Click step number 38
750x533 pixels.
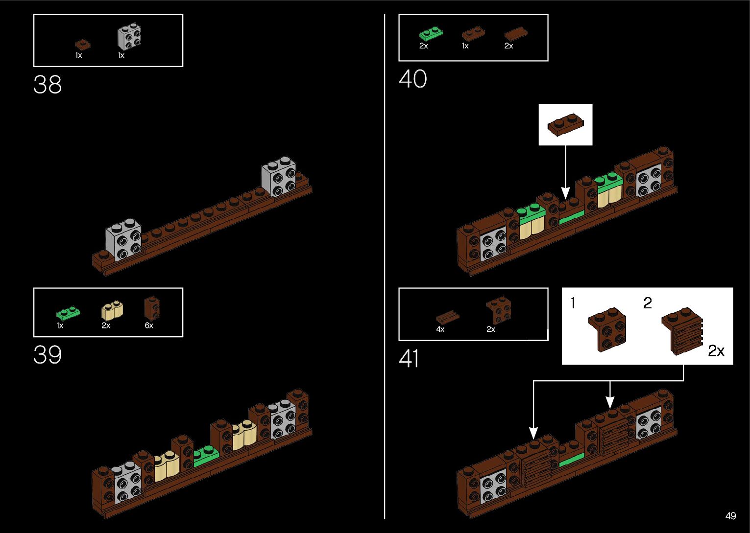coord(48,85)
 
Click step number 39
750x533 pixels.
coord(48,355)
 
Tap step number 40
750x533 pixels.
coord(412,79)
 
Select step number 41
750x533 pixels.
coord(409,359)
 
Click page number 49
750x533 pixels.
coord(730,516)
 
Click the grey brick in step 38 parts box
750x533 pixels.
coord(130,37)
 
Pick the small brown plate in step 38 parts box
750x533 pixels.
coord(83,45)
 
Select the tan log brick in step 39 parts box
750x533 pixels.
coord(112,310)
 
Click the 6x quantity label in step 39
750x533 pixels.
coord(149,325)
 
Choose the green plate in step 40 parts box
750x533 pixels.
coord(431,34)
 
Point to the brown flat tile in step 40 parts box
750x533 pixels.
coord(516,34)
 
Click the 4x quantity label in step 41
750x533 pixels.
coord(440,329)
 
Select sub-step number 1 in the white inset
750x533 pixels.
coord(573,303)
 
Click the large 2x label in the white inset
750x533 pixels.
coord(716,351)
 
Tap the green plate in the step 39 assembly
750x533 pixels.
coord(206,456)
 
